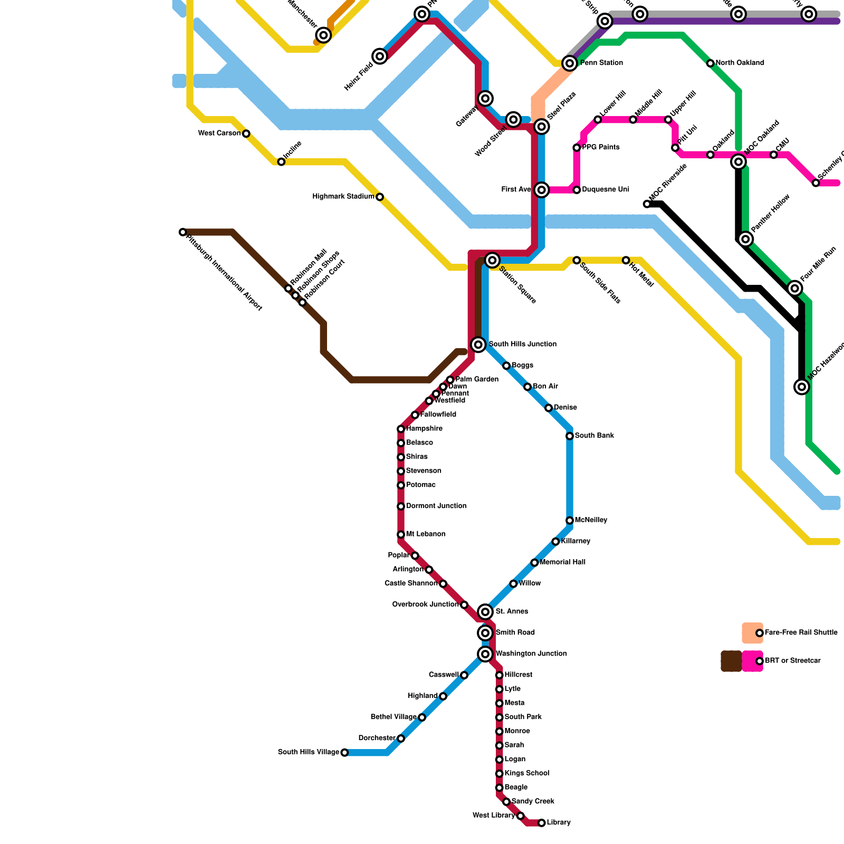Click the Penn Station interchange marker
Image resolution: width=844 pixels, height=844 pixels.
point(569,63)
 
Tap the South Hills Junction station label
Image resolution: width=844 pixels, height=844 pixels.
point(522,344)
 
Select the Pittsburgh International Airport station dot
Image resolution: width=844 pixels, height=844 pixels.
point(183,232)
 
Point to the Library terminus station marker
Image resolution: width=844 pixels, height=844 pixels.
point(541,823)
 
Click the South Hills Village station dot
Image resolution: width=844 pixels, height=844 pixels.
point(344,753)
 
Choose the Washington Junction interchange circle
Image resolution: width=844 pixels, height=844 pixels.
point(485,654)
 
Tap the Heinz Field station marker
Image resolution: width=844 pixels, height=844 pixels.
point(380,56)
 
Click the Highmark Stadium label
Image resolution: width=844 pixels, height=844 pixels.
point(343,197)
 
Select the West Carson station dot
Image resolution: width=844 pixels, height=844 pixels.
point(246,133)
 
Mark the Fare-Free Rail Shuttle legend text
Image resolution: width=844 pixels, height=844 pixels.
point(801,632)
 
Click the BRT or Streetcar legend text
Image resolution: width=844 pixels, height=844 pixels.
point(792,661)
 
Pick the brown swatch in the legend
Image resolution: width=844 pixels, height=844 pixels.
point(731,661)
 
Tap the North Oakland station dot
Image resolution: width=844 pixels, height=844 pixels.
point(711,63)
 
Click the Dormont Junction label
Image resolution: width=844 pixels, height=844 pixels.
point(436,506)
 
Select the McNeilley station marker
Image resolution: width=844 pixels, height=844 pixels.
point(570,521)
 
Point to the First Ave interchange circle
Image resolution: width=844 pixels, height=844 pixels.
point(541,190)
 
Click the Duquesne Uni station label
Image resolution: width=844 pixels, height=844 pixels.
point(606,190)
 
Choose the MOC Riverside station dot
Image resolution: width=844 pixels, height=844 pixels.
point(647,204)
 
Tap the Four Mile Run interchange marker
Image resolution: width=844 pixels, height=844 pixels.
point(795,288)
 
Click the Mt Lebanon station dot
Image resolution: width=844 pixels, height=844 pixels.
point(401,535)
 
